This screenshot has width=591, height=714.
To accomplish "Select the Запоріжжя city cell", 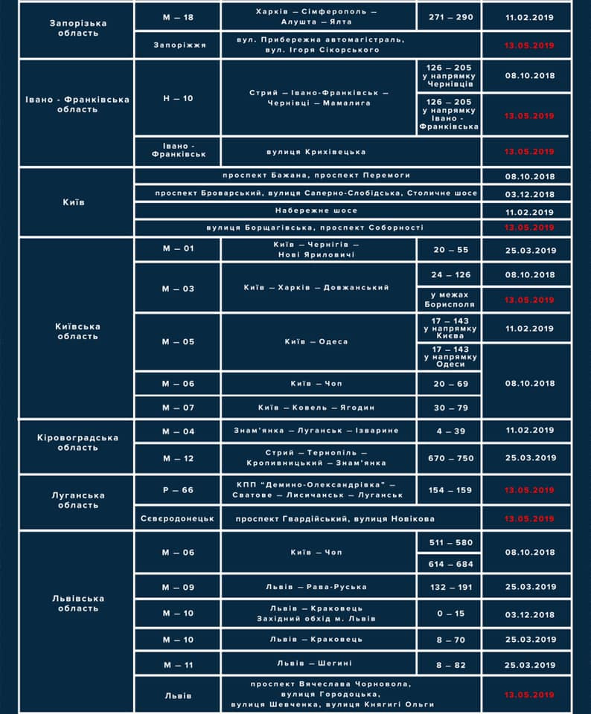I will [178, 45].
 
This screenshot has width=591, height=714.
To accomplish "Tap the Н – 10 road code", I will [178, 97].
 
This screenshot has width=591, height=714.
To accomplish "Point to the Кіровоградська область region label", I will [77, 443].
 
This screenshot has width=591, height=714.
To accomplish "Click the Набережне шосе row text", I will [309, 210].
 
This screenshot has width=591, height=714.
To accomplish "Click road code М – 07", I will [178, 407].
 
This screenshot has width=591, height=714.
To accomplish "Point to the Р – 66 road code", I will [178, 490].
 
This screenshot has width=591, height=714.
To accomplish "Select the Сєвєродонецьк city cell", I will [178, 518].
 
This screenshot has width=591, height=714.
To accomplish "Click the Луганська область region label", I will [77, 500].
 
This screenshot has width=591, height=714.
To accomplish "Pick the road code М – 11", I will [178, 663].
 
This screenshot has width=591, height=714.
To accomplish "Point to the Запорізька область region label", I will [77, 28].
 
